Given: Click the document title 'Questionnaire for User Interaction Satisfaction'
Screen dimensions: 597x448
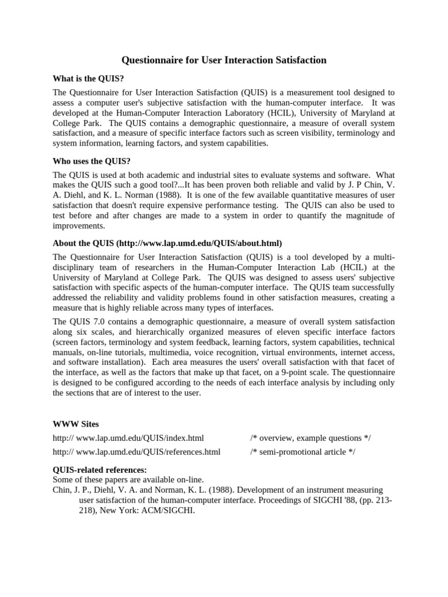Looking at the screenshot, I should coord(223,60).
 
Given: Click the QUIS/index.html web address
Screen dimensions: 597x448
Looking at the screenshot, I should coord(128,438).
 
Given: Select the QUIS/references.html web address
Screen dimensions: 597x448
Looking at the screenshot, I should coord(136,451).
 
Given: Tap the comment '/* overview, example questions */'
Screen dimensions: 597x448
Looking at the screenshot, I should coord(310,438).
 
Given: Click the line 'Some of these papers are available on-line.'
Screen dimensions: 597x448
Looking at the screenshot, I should coord(128,479).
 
